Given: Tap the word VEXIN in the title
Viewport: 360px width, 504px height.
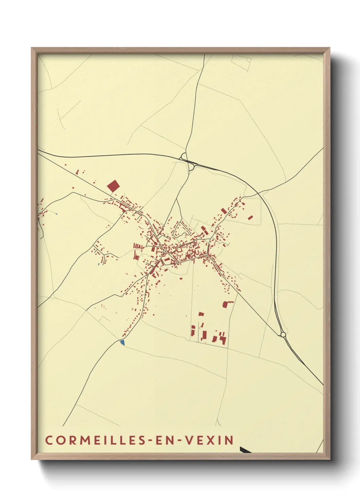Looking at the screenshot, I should pos(210,440).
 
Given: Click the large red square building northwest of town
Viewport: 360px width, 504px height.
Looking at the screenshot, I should pos(113,186).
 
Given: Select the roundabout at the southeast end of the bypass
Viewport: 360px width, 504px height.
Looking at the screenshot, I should pos(283,335).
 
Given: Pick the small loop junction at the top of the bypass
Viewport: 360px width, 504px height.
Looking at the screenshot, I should pos(184,157).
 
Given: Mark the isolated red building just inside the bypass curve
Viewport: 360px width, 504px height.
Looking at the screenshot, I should pos(251,217).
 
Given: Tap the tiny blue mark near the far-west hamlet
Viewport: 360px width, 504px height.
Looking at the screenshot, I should pos(56,214).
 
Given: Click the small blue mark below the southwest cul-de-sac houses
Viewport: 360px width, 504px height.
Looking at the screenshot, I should pos(99,264).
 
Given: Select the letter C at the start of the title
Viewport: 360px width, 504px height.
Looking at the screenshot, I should pos(49,440).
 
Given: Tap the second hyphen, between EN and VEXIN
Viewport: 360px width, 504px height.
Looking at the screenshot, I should pos(179,440).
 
